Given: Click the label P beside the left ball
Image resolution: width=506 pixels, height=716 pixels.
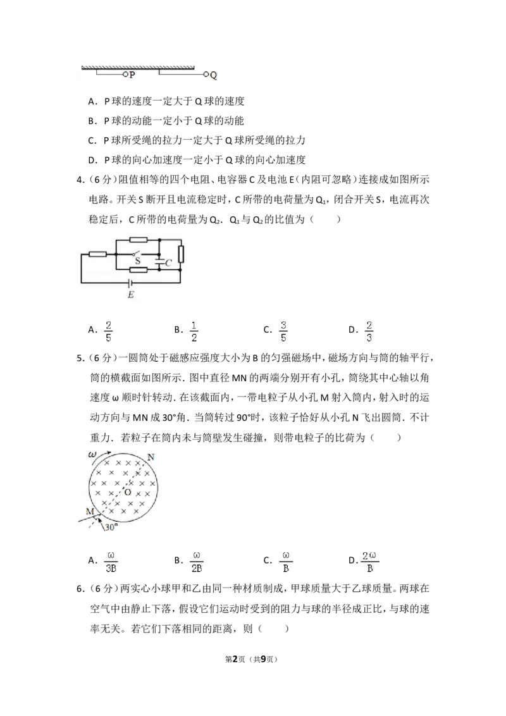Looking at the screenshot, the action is click(132, 75).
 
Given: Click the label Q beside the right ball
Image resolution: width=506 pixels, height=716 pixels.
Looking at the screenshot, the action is click(213, 75).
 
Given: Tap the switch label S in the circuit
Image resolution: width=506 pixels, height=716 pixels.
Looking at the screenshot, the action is click(137, 261).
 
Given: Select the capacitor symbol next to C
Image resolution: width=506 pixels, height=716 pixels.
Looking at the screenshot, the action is click(159, 262).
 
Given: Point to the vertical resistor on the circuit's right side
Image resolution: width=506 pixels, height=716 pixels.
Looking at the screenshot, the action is click(181, 254).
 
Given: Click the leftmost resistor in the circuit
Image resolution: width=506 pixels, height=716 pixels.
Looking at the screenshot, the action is click(97, 254).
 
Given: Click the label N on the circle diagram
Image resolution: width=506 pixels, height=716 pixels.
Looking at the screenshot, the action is click(151, 457).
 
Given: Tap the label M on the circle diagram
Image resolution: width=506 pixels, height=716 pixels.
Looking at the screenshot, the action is click(90, 512).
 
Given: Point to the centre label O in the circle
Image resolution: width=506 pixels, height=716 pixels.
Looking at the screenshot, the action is click(128, 492).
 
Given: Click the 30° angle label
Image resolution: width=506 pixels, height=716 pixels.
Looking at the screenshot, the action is click(111, 528).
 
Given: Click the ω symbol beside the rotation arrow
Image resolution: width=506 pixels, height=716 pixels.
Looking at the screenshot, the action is click(92, 455).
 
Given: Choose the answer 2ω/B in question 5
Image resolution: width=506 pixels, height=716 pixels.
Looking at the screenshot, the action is click(370, 562).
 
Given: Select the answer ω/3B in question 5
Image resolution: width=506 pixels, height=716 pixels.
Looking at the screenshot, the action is click(111, 562).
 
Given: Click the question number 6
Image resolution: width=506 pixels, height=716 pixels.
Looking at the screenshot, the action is click(80, 589).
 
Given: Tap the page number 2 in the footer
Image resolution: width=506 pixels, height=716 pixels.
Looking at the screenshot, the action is click(236, 659).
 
